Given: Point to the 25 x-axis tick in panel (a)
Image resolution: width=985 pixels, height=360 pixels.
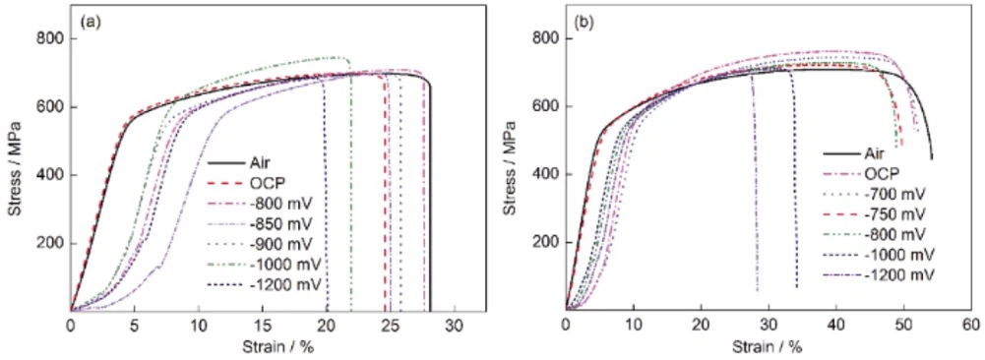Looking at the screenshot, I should (x=391, y=326).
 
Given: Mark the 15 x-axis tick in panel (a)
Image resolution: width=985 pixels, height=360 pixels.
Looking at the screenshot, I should (x=263, y=326).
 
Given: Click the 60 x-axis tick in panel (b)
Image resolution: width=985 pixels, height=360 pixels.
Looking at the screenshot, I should (x=970, y=326).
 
